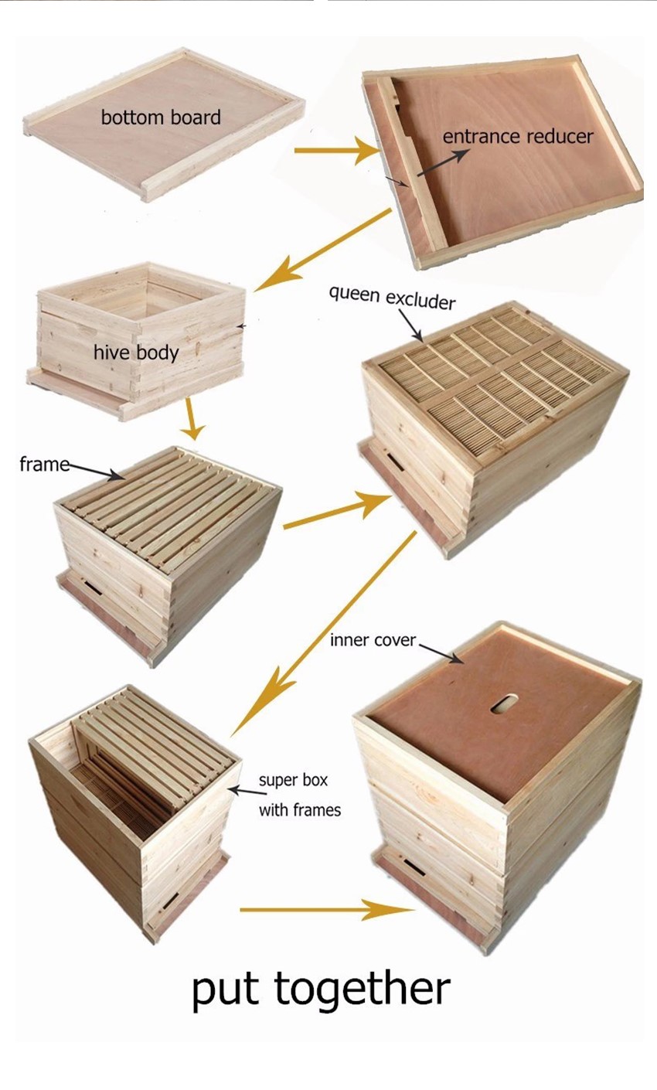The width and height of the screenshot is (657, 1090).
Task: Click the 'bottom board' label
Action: [x=161, y=118]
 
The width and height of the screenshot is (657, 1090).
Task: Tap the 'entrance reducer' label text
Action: [x=518, y=136]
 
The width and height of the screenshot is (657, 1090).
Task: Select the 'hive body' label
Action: [x=136, y=353]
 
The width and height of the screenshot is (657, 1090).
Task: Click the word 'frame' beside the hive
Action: [x=44, y=465]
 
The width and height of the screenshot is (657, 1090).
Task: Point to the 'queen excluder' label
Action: [x=392, y=298]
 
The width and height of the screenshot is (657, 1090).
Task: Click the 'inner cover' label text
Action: [x=373, y=640]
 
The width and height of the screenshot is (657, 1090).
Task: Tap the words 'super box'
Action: [x=293, y=780]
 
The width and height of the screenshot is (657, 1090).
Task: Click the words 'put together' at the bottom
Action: [x=322, y=990]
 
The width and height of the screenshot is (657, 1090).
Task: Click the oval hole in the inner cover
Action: [x=504, y=703]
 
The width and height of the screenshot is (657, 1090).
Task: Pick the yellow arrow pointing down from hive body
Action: [x=192, y=418]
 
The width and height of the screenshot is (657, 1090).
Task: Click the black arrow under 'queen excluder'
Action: [x=410, y=325]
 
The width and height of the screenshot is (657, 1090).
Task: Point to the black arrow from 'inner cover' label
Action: [x=441, y=653]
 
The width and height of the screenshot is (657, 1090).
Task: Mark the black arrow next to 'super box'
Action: [x=247, y=791]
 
